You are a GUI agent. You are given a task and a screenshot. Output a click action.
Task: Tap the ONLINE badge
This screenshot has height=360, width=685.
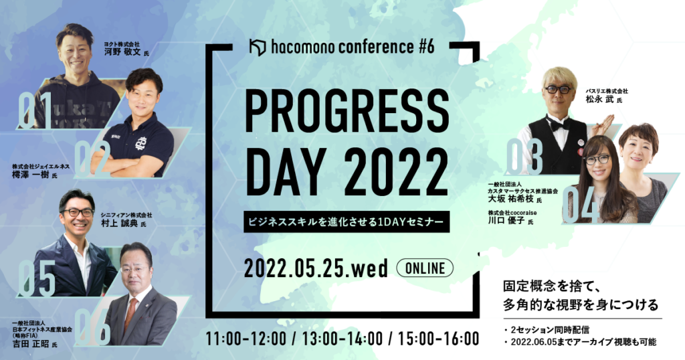[x=425, y=268]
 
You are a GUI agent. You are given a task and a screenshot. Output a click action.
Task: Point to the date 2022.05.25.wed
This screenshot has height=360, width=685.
[x=316, y=268]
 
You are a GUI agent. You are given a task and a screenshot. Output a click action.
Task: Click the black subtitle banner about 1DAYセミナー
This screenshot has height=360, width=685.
[x=347, y=221]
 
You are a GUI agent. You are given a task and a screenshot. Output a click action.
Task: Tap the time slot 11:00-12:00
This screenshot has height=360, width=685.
[x=246, y=339]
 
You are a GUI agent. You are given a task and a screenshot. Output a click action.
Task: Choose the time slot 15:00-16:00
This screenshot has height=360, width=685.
[x=439, y=339]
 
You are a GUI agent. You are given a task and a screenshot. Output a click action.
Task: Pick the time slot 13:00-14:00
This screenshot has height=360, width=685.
[x=343, y=339]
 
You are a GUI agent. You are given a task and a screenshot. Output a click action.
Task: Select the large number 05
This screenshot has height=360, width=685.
[x=37, y=279]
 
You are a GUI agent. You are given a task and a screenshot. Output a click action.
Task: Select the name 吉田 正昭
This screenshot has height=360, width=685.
[x=31, y=344]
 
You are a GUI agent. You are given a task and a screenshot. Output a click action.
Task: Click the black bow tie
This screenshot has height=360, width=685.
[x=559, y=125]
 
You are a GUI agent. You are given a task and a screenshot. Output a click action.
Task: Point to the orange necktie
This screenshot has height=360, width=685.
[x=130, y=314]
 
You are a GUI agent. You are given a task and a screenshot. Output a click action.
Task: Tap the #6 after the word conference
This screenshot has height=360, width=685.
[x=426, y=47]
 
